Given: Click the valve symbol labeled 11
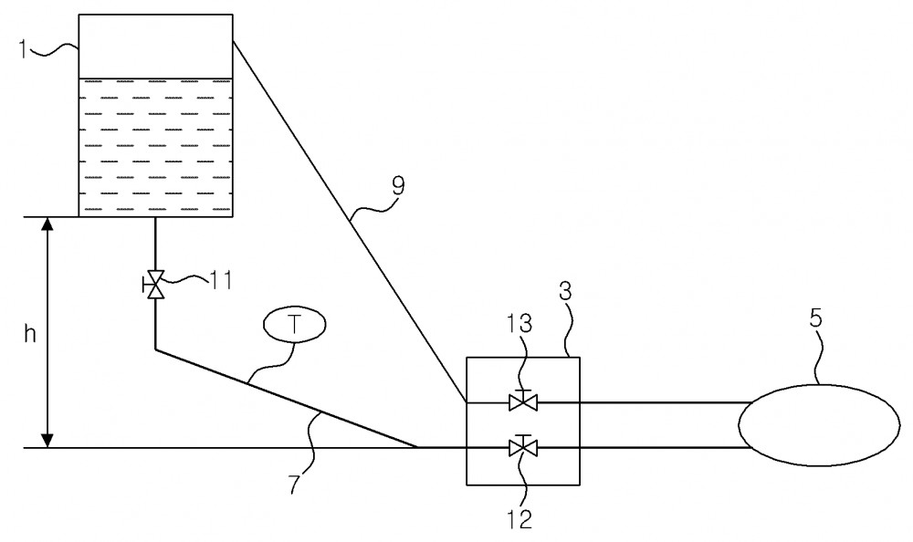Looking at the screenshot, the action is coord(155,284).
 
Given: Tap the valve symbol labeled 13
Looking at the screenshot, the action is coord(523,401).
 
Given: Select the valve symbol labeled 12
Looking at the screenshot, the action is coord(523,446).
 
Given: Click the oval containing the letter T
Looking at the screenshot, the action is coord(295,324).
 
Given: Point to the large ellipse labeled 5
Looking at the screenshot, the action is coord(819,424).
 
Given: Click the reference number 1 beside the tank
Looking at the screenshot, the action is coord(23,49).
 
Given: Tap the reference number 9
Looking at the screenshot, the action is coord(398,186).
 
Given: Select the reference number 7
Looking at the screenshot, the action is coord(295,484).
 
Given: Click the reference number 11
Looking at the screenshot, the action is coord(220,280).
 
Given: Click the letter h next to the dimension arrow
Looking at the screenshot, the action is coord(30,334).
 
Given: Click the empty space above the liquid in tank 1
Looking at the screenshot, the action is coord(155,47).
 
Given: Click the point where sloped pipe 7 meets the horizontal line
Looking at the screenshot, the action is coord(417,447).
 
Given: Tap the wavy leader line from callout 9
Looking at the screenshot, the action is coord(373,207).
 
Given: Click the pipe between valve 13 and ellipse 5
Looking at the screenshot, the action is coord(642,401).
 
